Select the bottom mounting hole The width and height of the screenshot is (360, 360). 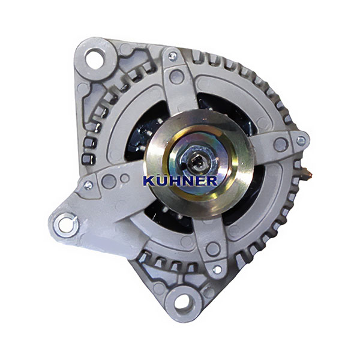coord(183,302)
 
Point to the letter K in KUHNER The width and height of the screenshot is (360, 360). coord(149,181)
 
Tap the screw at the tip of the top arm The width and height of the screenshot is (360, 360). coord(172,56)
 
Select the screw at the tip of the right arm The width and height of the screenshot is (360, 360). coord(301,140)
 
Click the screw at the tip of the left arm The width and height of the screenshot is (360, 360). coord(88,185)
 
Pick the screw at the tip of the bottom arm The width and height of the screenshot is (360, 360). coord(217,269)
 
